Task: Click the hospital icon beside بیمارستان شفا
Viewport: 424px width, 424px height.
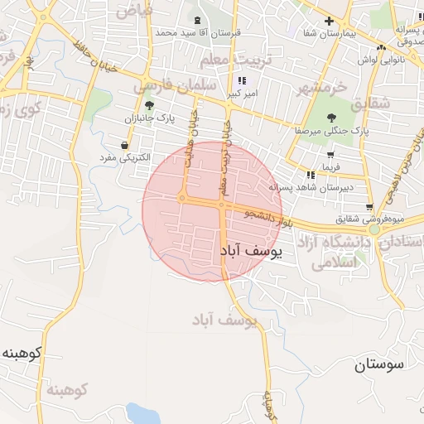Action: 330,20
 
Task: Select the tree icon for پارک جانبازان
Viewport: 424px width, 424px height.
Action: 149,105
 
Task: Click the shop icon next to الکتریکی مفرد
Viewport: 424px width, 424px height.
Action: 124,145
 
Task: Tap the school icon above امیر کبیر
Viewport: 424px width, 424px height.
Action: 242,80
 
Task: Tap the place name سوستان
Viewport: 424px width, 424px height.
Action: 382,364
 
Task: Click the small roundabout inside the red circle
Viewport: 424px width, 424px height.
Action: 181,198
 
